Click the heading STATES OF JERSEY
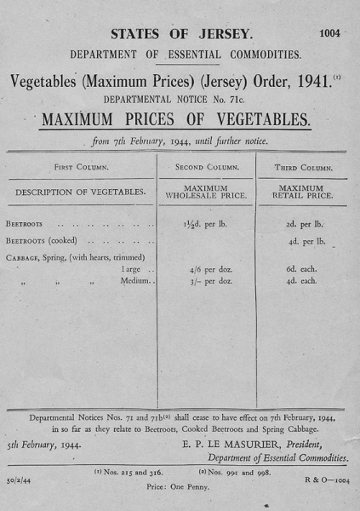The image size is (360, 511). (x=182, y=35)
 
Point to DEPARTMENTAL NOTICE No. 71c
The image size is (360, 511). (x=179, y=100)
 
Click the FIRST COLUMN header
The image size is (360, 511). (x=82, y=168)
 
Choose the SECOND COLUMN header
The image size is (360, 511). (x=207, y=168)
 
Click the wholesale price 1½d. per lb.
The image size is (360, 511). (x=207, y=225)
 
